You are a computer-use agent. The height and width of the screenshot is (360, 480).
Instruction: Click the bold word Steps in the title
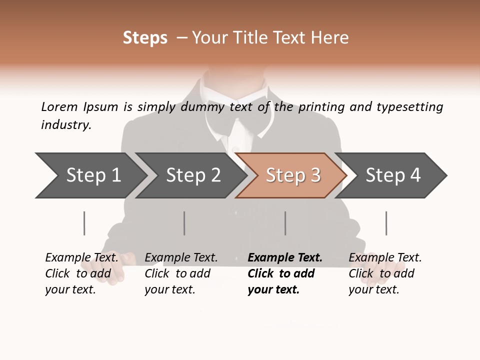(145, 38)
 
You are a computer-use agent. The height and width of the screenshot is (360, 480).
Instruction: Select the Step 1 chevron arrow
(90, 175)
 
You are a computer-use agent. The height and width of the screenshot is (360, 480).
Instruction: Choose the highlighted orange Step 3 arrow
(292, 175)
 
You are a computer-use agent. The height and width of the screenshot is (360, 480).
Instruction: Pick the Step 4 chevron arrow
(392, 175)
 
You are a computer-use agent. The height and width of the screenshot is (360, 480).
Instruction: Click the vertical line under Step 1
(84, 223)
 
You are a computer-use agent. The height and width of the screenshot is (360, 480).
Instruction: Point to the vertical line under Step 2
(184, 223)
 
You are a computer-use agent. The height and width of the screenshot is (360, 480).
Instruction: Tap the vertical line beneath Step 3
(285, 223)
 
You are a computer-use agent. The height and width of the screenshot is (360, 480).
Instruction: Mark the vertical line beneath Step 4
(386, 223)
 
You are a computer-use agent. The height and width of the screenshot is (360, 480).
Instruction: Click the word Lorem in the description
(59, 107)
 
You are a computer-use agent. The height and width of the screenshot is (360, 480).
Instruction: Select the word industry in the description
(66, 125)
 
